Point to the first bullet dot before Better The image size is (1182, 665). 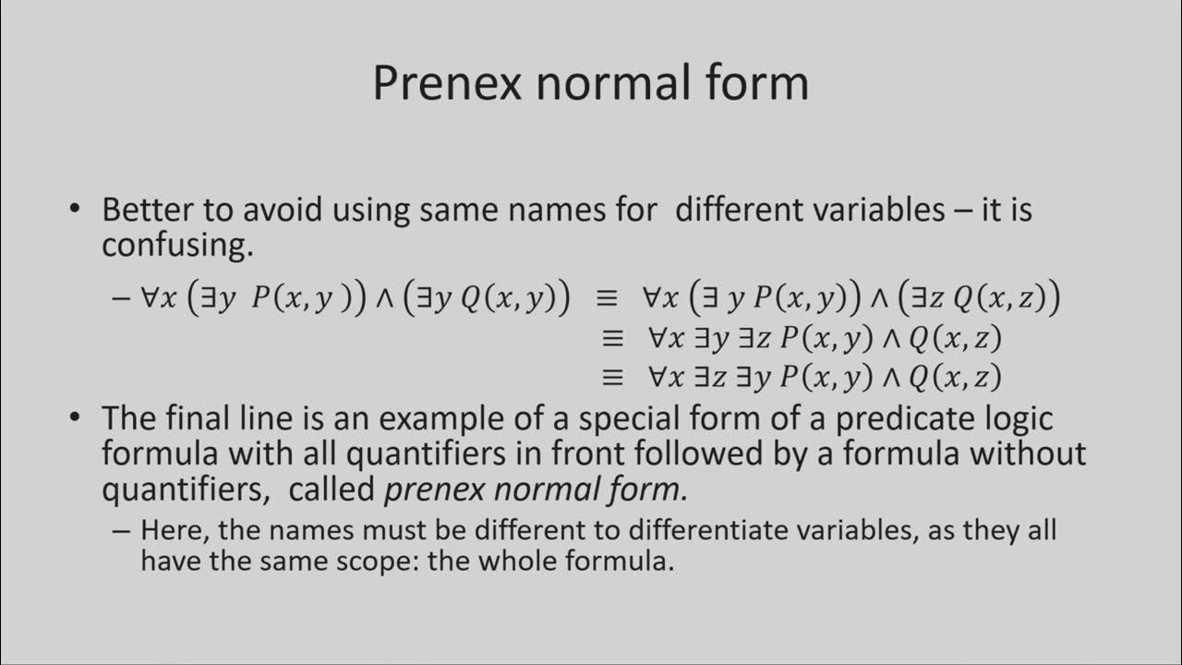(x=76, y=210)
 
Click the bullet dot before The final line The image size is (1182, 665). (x=76, y=418)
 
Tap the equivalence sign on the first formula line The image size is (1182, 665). (x=606, y=298)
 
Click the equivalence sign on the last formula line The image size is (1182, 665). (x=613, y=377)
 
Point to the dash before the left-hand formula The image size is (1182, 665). (x=119, y=298)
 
